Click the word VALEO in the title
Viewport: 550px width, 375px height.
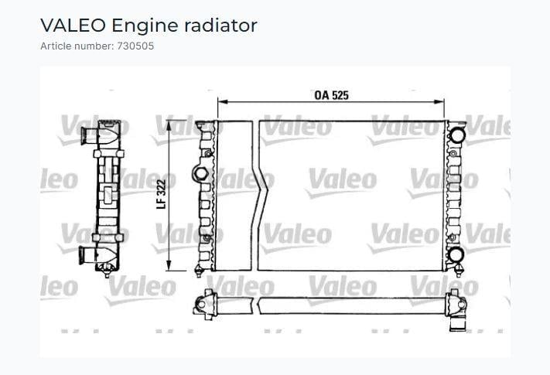pyautogui.click(x=73, y=26)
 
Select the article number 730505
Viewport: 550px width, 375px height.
pyautogui.click(x=135, y=46)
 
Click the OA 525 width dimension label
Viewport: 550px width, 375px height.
pyautogui.click(x=332, y=95)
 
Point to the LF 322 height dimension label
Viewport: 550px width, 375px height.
pyautogui.click(x=161, y=195)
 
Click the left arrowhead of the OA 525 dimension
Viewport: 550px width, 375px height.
pyautogui.click(x=223, y=102)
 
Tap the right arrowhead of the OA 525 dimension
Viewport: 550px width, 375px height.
pyautogui.click(x=439, y=102)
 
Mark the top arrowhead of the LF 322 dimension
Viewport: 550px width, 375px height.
pyautogui.click(x=169, y=125)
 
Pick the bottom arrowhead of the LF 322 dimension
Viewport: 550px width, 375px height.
pyautogui.click(x=169, y=265)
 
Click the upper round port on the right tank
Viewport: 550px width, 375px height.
pyautogui.click(x=457, y=135)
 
